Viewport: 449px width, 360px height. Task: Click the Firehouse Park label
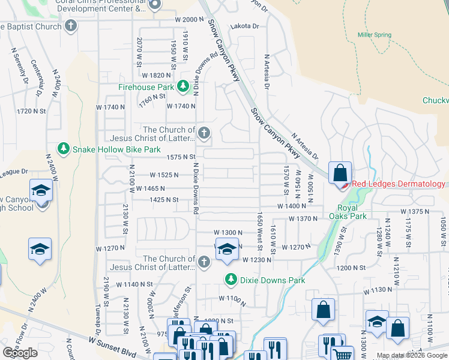coord(146,88)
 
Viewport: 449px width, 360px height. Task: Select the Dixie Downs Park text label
coord(273,280)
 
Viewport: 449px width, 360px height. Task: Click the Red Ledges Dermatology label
coord(399,184)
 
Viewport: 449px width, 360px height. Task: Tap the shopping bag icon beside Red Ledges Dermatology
coord(340,173)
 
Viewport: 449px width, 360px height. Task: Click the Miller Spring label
coord(374,35)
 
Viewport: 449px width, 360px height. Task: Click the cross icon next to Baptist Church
coord(71,26)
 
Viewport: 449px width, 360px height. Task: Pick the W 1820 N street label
coord(157,75)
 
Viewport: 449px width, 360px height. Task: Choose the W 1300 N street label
coord(228,232)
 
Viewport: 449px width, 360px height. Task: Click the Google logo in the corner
coord(20,353)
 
